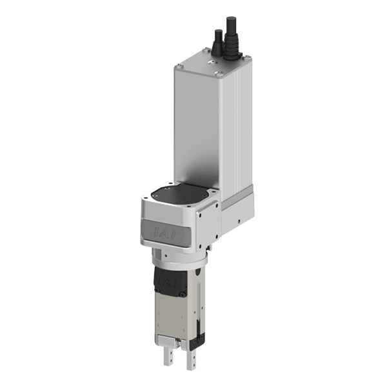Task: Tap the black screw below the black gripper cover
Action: pyautogui.click(x=183, y=294)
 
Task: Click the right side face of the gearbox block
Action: pyautogui.click(x=210, y=226)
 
